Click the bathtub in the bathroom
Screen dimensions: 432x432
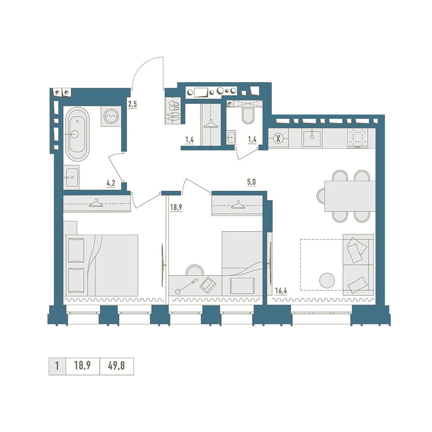click(77, 134)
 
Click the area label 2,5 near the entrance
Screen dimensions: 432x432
click(132, 104)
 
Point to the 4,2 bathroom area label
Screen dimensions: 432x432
click(111, 183)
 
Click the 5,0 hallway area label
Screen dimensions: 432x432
click(251, 182)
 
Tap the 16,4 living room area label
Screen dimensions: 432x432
click(281, 290)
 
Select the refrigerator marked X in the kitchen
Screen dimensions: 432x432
click(278, 139)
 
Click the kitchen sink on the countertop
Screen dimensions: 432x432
click(312, 138)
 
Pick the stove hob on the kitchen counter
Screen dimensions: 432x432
click(357, 138)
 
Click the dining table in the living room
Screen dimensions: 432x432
click(350, 196)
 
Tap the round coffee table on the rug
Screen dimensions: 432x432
click(327, 280)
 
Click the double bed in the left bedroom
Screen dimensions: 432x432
click(101, 265)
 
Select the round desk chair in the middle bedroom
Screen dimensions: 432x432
click(195, 270)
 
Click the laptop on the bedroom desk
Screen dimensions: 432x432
click(208, 285)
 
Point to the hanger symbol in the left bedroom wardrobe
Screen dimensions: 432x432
click(96, 203)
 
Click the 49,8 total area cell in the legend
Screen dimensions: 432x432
click(117, 366)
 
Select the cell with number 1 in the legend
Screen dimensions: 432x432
click(57, 366)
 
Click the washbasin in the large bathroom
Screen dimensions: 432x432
click(71, 177)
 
